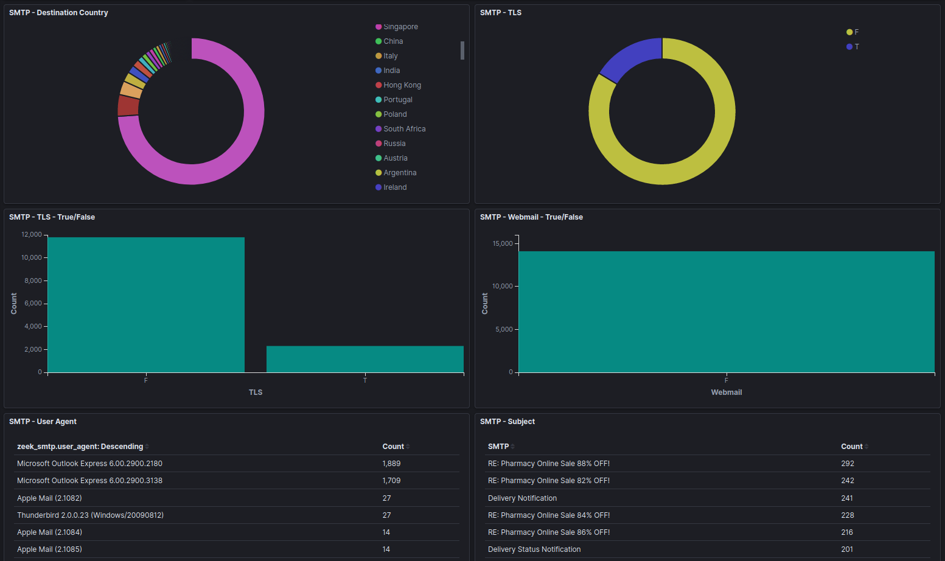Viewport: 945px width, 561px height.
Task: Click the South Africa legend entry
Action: pyautogui.click(x=404, y=129)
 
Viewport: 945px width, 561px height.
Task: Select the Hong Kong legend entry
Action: pyautogui.click(x=402, y=85)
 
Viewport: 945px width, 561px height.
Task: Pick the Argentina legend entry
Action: pyautogui.click(x=400, y=173)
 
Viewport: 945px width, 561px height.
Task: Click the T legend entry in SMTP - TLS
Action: pyautogui.click(x=856, y=47)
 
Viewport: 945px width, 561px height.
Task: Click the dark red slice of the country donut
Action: pyautogui.click(x=128, y=105)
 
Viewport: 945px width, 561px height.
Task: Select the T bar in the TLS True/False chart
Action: pyautogui.click(x=364, y=359)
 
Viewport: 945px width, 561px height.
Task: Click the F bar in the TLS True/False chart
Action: pyautogui.click(x=145, y=304)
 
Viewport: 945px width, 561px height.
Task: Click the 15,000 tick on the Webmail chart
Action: pyautogui.click(x=503, y=243)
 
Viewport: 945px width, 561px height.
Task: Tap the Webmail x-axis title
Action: pyautogui.click(x=726, y=392)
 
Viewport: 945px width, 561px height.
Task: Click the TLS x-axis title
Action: pyautogui.click(x=256, y=392)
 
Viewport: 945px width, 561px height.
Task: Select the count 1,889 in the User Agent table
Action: pyautogui.click(x=391, y=464)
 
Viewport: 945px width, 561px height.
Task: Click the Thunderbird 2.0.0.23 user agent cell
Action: pyautogui.click(x=90, y=515)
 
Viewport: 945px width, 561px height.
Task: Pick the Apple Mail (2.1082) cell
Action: pyautogui.click(x=49, y=498)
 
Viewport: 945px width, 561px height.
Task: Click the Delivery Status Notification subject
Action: pyautogui.click(x=534, y=549)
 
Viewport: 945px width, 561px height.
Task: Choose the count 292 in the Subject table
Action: pyautogui.click(x=848, y=464)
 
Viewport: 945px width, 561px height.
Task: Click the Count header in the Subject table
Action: pyautogui.click(x=851, y=447)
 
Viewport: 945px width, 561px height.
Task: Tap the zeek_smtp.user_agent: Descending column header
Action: pyautogui.click(x=80, y=447)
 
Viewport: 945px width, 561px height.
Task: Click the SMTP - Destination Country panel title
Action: pyautogui.click(x=58, y=13)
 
